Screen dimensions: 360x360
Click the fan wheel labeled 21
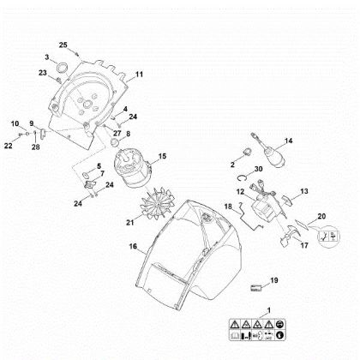(156, 203)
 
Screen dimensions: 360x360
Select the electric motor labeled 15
(134, 169)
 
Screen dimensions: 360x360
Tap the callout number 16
(133, 246)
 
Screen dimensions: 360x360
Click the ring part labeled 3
(63, 69)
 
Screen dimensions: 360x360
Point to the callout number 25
(63, 45)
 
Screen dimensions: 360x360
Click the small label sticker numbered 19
(256, 288)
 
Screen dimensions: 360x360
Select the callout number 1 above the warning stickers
(268, 310)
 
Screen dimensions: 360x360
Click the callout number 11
(139, 75)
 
